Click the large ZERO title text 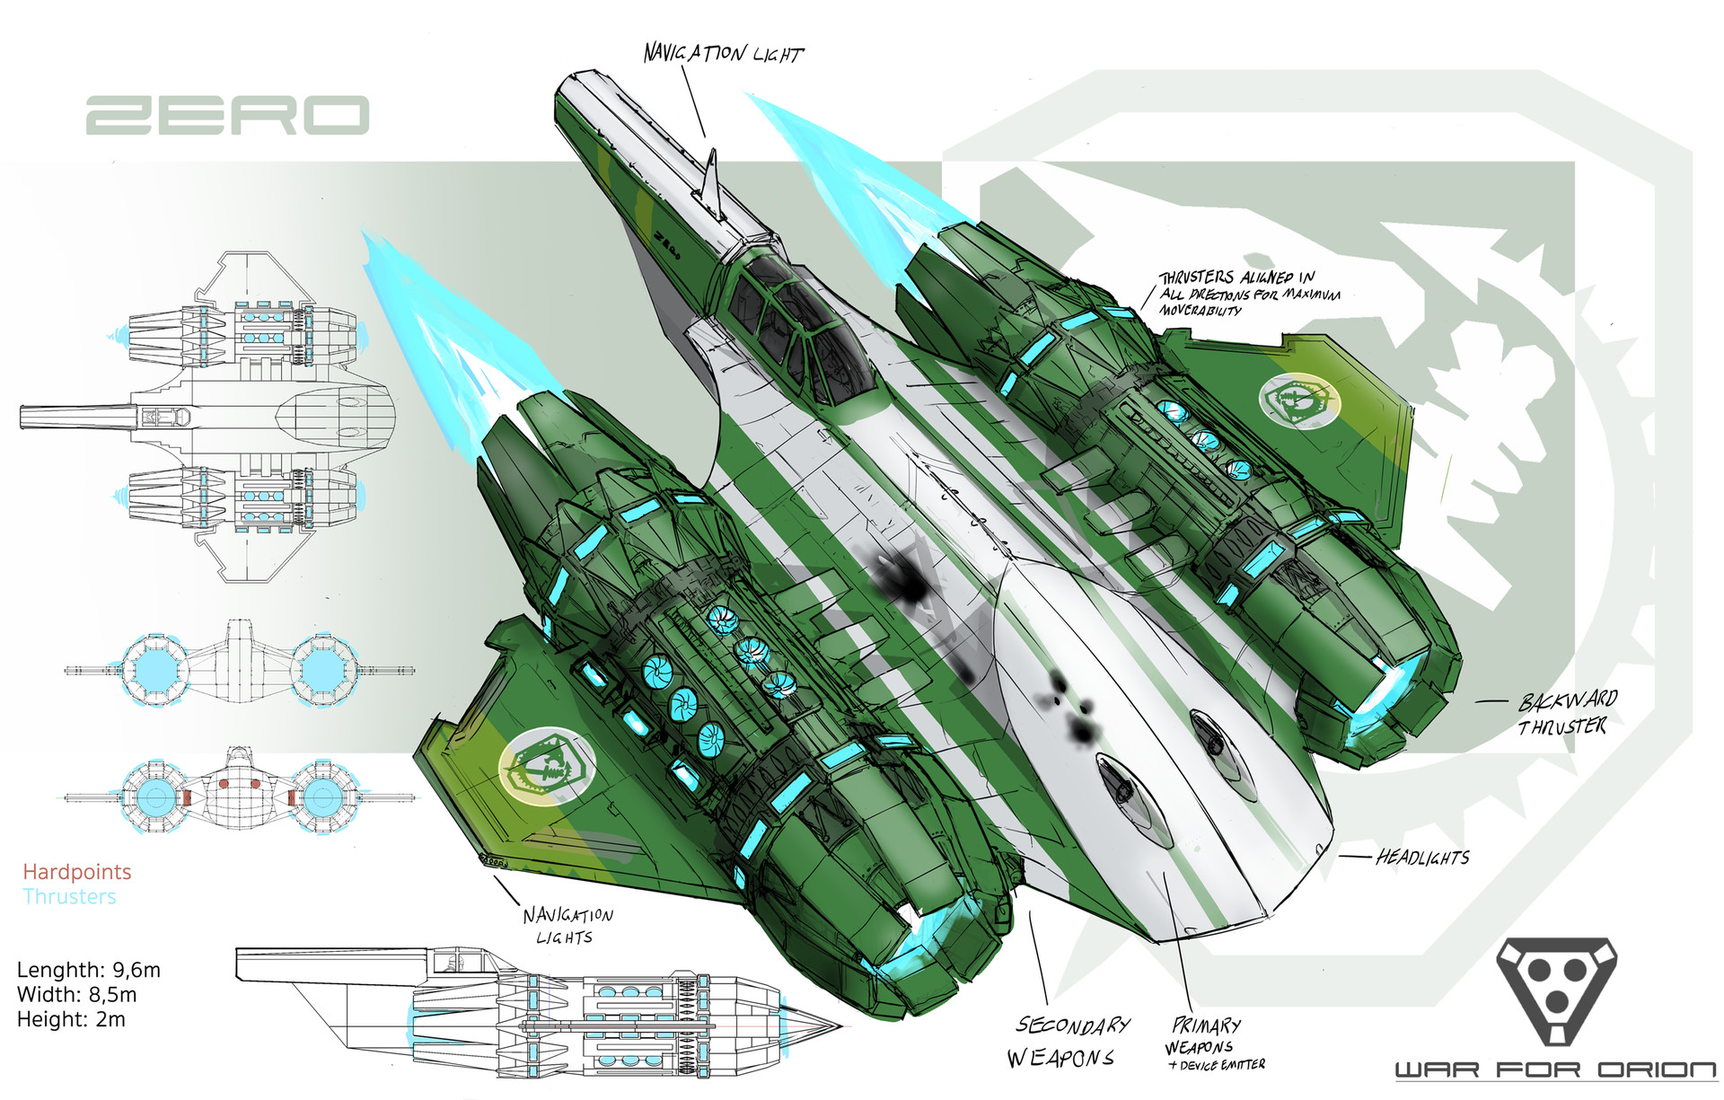[227, 116]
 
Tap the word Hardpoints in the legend [77, 872]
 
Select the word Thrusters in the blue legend [70, 897]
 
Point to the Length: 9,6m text [89, 970]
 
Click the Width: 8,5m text [77, 995]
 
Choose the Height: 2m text [71, 1020]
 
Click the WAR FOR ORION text [1555, 1070]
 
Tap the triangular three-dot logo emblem [1556, 989]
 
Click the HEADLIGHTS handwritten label [1423, 858]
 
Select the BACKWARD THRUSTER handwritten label [1567, 713]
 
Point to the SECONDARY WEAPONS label [1068, 1042]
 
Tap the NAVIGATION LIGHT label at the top [723, 54]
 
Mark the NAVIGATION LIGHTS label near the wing [567, 925]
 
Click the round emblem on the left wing [547, 765]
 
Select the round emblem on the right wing [1299, 400]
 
